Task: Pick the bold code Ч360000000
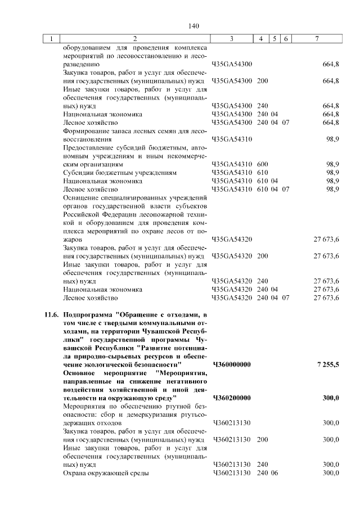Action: pyautogui.click(x=232, y=364)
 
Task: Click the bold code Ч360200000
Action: pyautogui.click(x=232, y=398)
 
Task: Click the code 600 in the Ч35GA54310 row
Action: pyautogui.click(x=262, y=164)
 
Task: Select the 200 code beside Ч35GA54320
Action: pyautogui.click(x=262, y=256)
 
